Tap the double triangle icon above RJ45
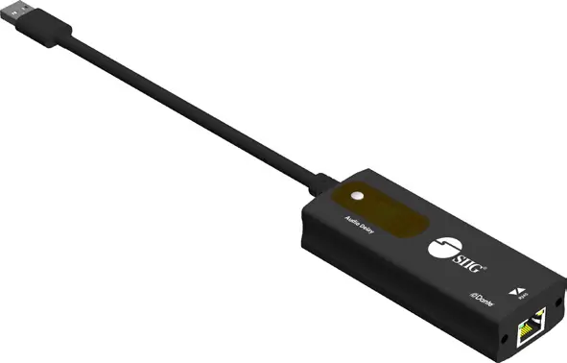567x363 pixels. tap(519, 291)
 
